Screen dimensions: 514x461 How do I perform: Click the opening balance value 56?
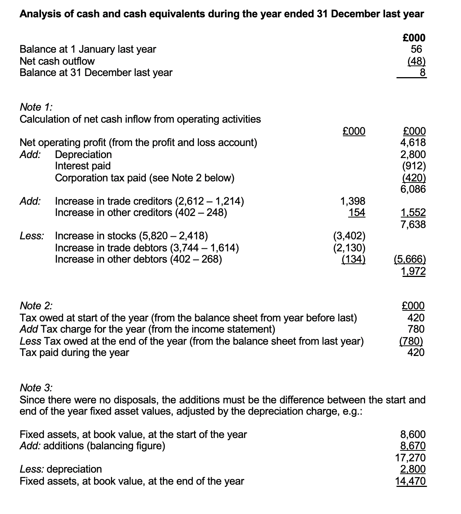tap(416, 49)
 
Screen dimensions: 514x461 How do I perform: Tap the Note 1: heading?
tap(36, 107)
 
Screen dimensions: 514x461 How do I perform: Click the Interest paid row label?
tap(83, 166)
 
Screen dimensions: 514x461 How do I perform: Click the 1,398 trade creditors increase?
tap(352, 201)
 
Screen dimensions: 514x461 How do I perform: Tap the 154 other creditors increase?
tap(356, 213)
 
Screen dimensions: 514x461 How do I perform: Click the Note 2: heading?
tap(36, 306)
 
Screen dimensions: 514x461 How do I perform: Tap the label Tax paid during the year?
tap(74, 353)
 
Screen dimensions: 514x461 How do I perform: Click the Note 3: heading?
tap(36, 388)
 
